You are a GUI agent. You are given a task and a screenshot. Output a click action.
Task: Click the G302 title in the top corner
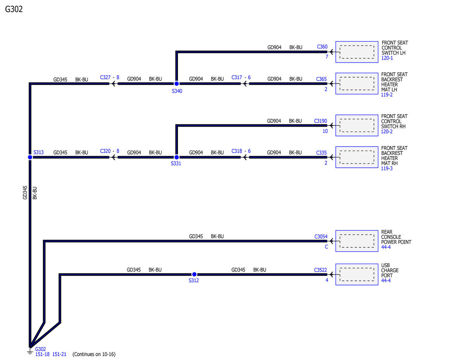(14, 9)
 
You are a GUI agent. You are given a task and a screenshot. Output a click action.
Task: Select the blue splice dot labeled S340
(176, 83)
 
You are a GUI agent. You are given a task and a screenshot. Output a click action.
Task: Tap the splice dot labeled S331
(176, 157)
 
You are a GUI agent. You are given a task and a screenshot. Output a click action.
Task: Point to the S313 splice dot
(30, 157)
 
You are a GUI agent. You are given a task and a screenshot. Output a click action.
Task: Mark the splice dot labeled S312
(194, 274)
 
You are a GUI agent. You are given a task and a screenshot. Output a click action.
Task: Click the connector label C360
(322, 47)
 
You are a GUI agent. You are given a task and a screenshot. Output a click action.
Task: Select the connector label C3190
(320, 121)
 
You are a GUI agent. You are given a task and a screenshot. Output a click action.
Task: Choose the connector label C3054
(321, 237)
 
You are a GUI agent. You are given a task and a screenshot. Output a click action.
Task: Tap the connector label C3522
(320, 270)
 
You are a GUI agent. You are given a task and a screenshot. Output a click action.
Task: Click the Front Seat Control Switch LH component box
(356, 52)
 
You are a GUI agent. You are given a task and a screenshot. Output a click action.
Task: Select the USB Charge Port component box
(356, 274)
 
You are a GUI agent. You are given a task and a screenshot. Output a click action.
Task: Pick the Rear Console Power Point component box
(356, 241)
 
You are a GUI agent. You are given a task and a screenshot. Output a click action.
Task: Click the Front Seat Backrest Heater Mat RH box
(356, 157)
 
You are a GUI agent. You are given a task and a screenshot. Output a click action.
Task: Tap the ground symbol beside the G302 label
(30, 352)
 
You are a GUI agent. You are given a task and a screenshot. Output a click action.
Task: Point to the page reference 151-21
(59, 354)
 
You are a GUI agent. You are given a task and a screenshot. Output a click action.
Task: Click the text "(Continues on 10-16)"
(94, 354)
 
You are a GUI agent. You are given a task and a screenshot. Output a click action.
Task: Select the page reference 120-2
(387, 132)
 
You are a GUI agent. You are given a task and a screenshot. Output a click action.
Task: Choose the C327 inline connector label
(105, 77)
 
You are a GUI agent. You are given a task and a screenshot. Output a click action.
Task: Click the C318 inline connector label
(236, 151)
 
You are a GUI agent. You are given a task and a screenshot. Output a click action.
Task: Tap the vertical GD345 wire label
(25, 193)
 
